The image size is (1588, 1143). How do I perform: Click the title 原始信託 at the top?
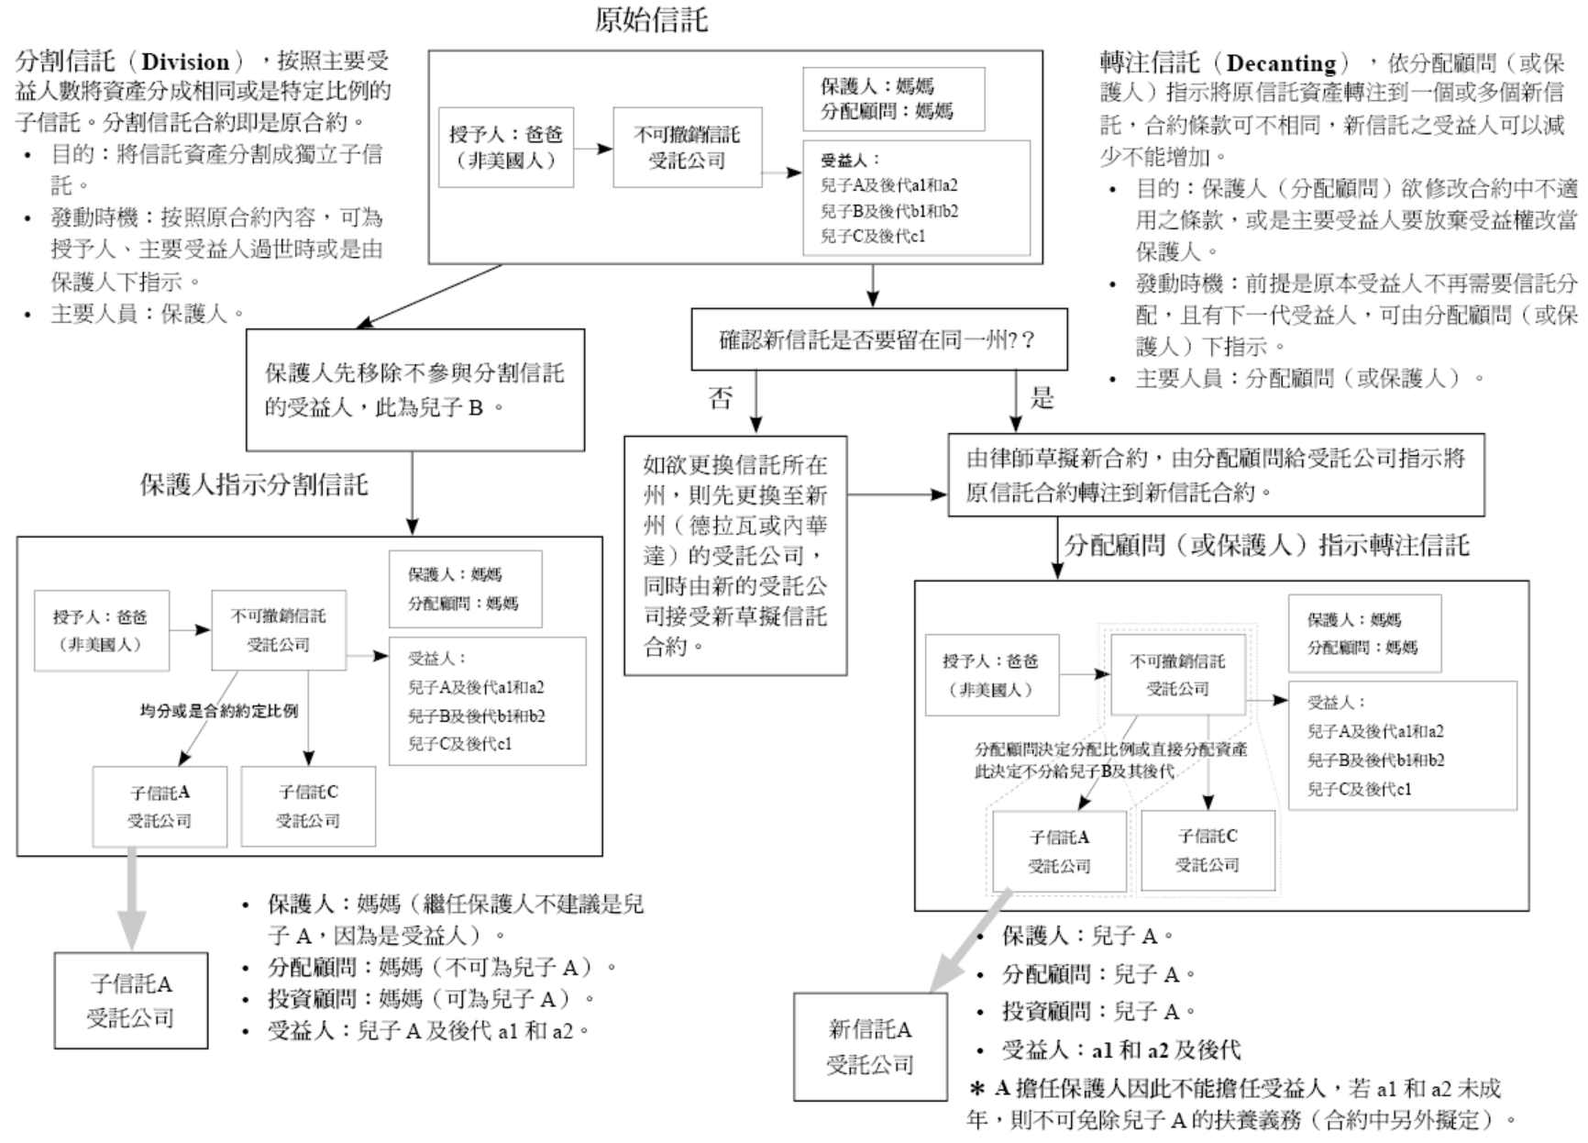click(x=651, y=20)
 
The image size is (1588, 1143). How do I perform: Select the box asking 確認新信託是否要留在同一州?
click(x=878, y=339)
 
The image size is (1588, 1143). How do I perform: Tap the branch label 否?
click(x=722, y=398)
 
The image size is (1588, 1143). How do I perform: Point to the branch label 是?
click(x=1042, y=398)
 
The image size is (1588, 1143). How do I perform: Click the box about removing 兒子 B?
click(x=414, y=390)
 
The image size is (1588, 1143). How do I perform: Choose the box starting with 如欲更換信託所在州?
click(x=735, y=556)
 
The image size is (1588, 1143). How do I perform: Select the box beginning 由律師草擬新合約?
click(x=1215, y=475)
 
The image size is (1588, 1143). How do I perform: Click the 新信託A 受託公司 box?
click(x=870, y=1047)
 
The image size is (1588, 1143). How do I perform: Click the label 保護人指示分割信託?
click(x=254, y=484)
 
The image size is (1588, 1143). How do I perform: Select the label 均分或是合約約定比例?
click(x=219, y=711)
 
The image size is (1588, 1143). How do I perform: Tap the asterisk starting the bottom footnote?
click(x=977, y=1089)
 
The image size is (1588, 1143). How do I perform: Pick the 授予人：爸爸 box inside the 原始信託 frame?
click(x=505, y=147)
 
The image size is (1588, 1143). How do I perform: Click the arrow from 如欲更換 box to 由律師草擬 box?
click(x=897, y=495)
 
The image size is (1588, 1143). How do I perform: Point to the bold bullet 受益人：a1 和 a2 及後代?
click(x=1120, y=1049)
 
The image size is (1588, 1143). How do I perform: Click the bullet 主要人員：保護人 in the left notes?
click(x=147, y=314)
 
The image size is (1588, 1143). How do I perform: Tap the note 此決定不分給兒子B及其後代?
click(x=1074, y=771)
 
